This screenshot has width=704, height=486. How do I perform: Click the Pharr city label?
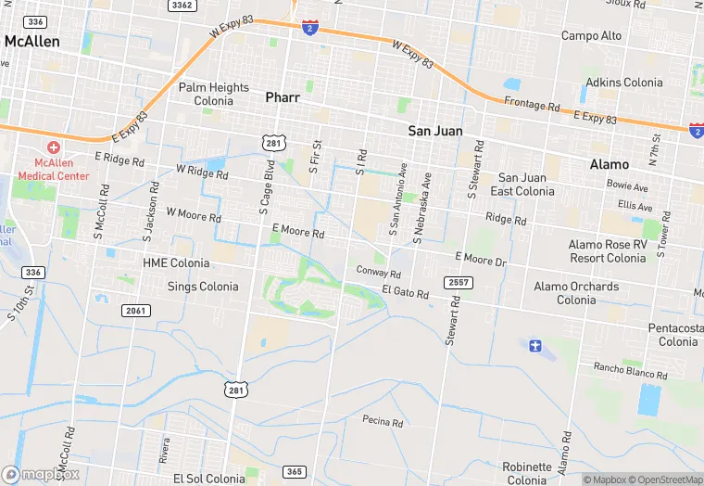(x=283, y=96)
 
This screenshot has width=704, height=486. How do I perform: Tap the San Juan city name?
(x=435, y=131)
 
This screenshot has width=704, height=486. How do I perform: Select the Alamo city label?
(x=609, y=163)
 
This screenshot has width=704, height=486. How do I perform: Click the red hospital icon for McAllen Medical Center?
(x=54, y=148)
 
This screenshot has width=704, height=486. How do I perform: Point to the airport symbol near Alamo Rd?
(x=534, y=346)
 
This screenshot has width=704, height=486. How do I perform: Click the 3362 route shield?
(x=182, y=6)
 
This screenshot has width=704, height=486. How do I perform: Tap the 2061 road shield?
(x=134, y=310)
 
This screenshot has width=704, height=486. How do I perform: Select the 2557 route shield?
(x=458, y=281)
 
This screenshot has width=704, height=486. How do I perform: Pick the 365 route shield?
(x=294, y=472)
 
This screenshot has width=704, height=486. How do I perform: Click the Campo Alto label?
(x=592, y=36)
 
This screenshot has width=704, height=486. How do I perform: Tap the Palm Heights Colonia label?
(x=214, y=94)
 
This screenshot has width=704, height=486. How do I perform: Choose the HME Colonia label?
(x=176, y=263)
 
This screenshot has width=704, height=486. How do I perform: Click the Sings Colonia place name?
(x=203, y=287)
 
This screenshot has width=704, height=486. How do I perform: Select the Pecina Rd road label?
(x=383, y=422)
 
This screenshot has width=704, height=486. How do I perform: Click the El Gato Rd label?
(x=406, y=293)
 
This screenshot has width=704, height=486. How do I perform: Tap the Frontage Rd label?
(x=532, y=105)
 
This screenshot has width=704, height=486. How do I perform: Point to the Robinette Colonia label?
(x=527, y=473)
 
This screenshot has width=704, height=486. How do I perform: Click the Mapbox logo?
(x=42, y=474)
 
